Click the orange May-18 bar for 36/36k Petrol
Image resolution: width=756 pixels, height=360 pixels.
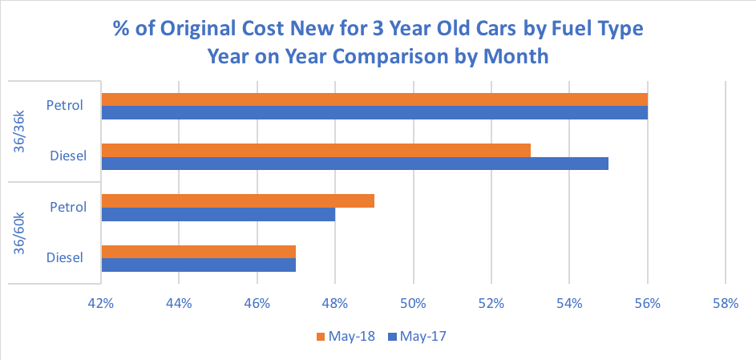(374, 99)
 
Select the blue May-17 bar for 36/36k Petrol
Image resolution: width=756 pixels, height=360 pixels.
(374, 113)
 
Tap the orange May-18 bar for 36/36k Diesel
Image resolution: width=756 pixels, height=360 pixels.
(316, 150)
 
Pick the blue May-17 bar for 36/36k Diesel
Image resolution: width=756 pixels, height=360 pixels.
(354, 164)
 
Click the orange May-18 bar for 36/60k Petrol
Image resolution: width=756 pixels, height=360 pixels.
(238, 200)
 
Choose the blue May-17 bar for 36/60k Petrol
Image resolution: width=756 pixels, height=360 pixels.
(218, 214)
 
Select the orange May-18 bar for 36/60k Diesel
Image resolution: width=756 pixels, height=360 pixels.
(199, 251)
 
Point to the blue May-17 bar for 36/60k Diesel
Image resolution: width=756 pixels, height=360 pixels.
(199, 265)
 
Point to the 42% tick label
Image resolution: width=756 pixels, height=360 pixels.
(101, 304)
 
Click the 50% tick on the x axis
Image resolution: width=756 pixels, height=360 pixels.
(413, 304)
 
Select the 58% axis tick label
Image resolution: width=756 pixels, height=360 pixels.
(725, 304)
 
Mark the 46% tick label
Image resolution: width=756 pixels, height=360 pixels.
(257, 304)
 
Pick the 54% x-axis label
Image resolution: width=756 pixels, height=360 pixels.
(569, 304)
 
